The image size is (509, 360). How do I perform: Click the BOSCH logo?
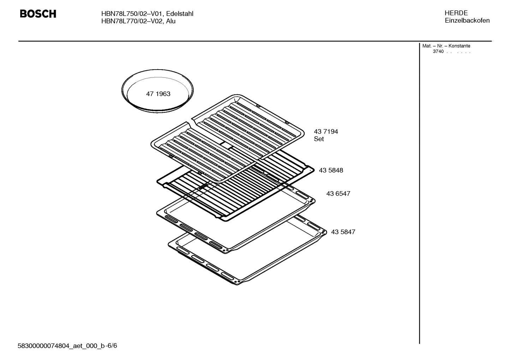coord(38,14)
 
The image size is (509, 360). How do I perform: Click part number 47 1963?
coord(158,94)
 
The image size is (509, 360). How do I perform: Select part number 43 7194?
coord(326,131)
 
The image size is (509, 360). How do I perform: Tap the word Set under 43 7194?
coord(319,139)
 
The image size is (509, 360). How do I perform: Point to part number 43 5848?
coord(331,170)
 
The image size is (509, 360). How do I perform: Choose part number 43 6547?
coord(338,194)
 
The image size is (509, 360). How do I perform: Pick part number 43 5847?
coord(343,232)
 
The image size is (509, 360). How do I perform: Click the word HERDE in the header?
coord(456,13)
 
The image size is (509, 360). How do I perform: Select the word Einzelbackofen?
coord(467,20)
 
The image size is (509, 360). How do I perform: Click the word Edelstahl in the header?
coord(180,14)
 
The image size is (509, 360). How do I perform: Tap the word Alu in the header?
coord(171,21)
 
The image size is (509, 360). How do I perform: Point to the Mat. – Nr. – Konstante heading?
coord(446,46)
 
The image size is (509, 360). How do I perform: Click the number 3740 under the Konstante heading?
coord(438,52)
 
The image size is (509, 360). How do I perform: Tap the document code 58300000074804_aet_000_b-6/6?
coord(67,346)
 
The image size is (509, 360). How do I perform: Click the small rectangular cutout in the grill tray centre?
coord(225,145)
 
